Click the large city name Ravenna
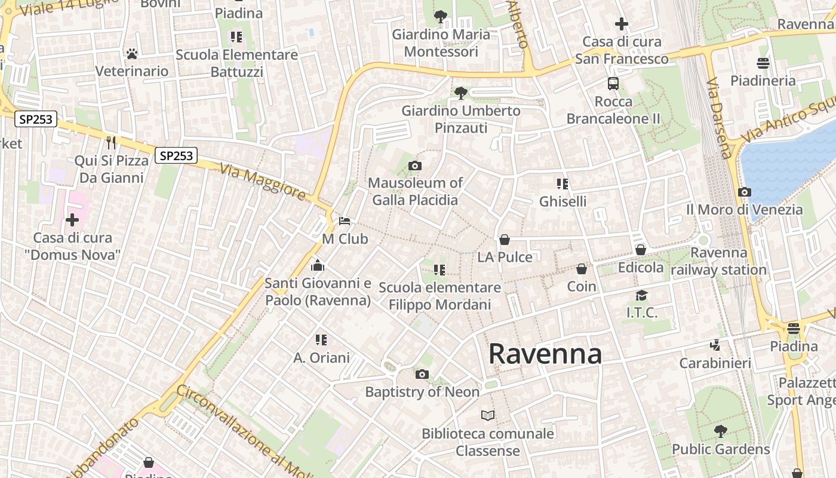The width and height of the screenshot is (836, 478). (545, 354)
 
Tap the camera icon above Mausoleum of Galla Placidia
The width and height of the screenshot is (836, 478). (414, 166)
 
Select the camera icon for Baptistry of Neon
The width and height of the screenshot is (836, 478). (422, 375)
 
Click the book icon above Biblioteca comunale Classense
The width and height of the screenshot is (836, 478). (488, 415)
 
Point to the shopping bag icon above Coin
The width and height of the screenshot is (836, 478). (582, 269)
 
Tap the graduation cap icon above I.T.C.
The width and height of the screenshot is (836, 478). (641, 295)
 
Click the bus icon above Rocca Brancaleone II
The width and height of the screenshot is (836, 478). (613, 83)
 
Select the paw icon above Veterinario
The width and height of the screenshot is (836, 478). (132, 54)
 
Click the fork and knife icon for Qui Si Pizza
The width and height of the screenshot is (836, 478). (110, 142)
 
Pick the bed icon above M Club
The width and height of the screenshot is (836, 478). (345, 221)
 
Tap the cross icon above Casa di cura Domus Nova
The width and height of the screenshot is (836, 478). (72, 220)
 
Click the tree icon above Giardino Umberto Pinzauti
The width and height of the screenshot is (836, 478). (460, 93)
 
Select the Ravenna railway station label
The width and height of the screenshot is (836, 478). (718, 261)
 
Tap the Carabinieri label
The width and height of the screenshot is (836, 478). (715, 363)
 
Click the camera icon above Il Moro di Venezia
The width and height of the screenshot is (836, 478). (744, 192)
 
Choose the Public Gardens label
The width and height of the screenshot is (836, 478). (721, 449)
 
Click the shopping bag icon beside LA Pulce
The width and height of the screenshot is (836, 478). (505, 240)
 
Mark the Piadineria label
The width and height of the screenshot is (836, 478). (763, 80)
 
